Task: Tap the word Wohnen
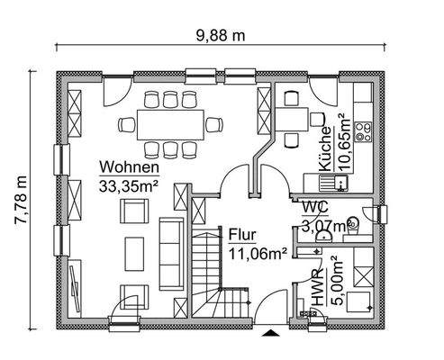tap(130, 167)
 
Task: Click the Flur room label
tap(243, 231)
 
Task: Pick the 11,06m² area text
tap(257, 251)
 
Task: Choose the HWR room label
tap(318, 290)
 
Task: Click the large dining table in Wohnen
tap(171, 123)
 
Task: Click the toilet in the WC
tap(354, 222)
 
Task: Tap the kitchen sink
tap(342, 184)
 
